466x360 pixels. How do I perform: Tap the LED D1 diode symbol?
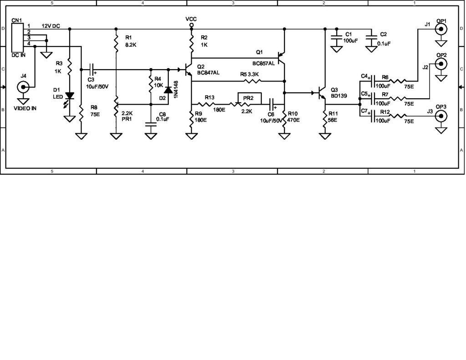[69, 96]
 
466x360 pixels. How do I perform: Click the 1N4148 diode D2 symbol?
[168, 90]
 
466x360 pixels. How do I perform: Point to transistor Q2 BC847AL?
[187, 70]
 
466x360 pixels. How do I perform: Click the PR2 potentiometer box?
[249, 98]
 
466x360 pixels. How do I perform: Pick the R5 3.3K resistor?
[253, 81]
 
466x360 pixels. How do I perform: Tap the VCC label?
[191, 19]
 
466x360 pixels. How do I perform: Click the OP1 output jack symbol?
[441, 30]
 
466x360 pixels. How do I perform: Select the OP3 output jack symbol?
[441, 116]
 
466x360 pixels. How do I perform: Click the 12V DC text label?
[51, 26]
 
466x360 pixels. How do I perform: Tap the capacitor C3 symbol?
[92, 70]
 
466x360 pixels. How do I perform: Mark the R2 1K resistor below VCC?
[192, 41]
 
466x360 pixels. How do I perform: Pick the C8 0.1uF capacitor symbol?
[150, 123]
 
